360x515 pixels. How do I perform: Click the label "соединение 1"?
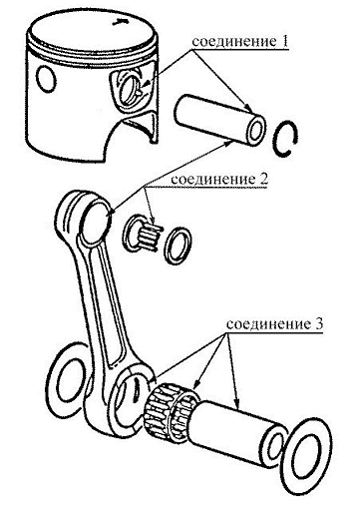coord(239,42)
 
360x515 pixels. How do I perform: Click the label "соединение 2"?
coord(219,180)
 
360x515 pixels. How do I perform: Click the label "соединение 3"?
coord(274,323)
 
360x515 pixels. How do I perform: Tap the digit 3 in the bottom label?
coord(318,323)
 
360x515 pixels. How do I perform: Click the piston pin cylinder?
coord(219,120)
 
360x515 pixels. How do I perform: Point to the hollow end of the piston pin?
coord(255,131)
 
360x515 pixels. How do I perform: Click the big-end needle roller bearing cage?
coord(170,412)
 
